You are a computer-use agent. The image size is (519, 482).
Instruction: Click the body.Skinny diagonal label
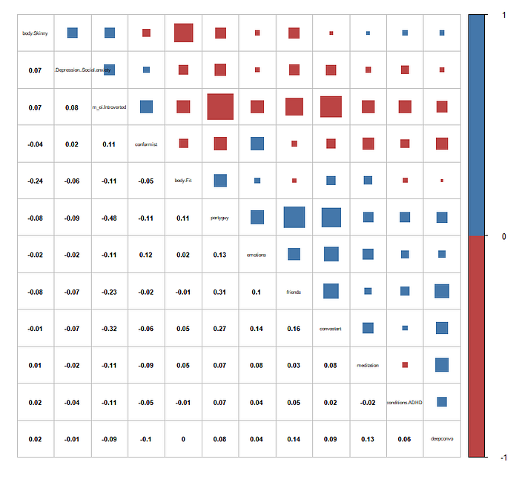coord(35,33)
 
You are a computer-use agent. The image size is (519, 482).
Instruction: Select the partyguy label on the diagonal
coord(220,218)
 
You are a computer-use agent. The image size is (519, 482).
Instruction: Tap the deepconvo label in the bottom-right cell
coord(442,439)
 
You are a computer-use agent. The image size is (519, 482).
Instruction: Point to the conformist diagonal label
coord(146,144)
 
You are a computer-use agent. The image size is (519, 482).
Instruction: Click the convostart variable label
coord(331,329)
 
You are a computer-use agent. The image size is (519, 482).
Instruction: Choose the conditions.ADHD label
coord(405,403)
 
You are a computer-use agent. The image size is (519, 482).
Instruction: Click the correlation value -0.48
coord(109,218)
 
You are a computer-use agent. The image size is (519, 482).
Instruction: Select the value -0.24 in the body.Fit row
coord(35,181)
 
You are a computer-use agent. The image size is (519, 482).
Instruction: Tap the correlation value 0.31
coord(220,292)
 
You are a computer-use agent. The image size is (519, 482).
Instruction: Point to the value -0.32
coord(109,329)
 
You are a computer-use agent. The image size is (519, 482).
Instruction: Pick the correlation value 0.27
coord(220,329)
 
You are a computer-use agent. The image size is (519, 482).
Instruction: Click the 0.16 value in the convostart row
coord(294,329)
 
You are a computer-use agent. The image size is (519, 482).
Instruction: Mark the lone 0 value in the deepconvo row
coord(183,439)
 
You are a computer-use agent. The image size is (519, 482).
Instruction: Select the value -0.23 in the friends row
coord(109,292)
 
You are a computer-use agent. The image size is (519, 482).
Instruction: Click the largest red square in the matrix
coord(220,107)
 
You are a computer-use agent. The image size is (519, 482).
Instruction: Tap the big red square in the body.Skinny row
coord(183,33)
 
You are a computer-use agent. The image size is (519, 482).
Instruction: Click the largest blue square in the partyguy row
coord(294,217)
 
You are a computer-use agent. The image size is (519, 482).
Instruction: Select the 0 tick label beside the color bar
coord(503,236)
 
